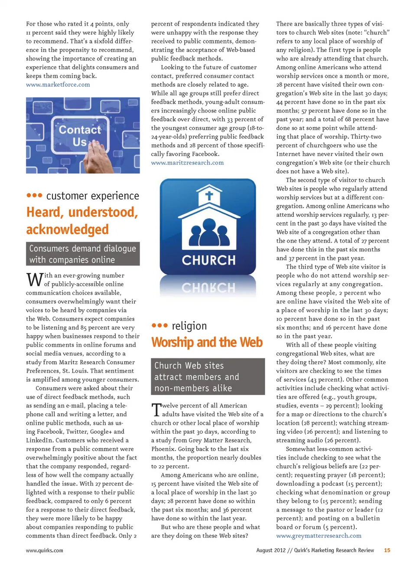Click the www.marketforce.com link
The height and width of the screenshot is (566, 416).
click(58, 85)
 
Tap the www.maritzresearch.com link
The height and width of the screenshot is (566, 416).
click(187, 163)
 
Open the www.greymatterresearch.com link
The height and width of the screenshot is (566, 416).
click(318, 536)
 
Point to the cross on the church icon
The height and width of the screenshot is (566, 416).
click(209, 196)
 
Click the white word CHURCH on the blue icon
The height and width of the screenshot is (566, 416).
click(208, 260)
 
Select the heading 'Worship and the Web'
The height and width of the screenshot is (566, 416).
click(207, 342)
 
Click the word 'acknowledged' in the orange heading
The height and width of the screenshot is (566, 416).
click(68, 229)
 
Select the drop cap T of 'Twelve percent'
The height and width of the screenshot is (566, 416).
click(156, 410)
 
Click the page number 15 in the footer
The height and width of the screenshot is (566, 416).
click(387, 550)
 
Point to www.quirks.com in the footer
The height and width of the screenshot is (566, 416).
click(44, 550)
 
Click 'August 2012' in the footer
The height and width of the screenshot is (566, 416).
click(271, 550)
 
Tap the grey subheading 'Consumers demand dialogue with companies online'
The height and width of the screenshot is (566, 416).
click(83, 254)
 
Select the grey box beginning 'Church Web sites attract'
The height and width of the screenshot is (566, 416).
click(208, 376)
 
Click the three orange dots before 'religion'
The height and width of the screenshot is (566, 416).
click(159, 325)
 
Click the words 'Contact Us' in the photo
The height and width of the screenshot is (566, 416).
click(79, 135)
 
